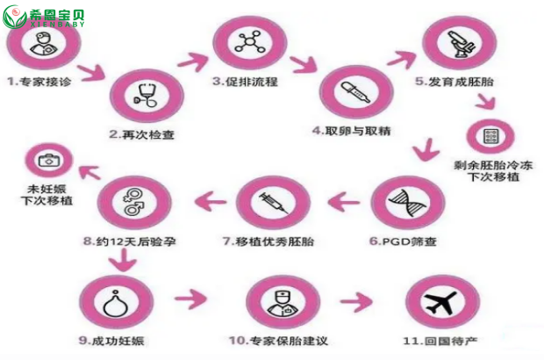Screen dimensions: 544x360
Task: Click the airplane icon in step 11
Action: tap(441, 302)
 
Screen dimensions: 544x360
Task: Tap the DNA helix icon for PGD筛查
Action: tap(407, 203)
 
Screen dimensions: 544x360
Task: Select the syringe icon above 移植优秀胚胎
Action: tap(274, 202)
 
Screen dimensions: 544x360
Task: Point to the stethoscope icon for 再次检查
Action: tap(146, 95)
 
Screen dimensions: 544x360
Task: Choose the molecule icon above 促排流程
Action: tap(250, 42)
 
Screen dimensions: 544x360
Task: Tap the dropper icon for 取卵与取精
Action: tap(355, 92)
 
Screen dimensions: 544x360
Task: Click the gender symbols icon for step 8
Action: tap(132, 202)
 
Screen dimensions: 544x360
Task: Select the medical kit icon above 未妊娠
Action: tap(49, 160)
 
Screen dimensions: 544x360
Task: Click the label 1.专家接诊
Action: tap(39, 82)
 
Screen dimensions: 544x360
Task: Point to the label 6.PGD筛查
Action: tap(403, 241)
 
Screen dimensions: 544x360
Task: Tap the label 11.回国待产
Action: tap(440, 341)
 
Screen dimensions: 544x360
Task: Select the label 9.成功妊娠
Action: tap(111, 341)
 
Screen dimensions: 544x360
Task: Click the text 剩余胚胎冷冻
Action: tap(493, 165)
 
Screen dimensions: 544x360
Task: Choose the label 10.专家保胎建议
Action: tap(278, 341)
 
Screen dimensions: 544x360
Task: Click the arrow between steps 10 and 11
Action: tap(356, 301)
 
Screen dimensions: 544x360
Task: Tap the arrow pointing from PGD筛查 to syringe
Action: tap(343, 202)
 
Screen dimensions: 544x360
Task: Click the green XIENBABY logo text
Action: tap(58, 24)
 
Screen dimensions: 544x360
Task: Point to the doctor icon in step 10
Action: tap(283, 302)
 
